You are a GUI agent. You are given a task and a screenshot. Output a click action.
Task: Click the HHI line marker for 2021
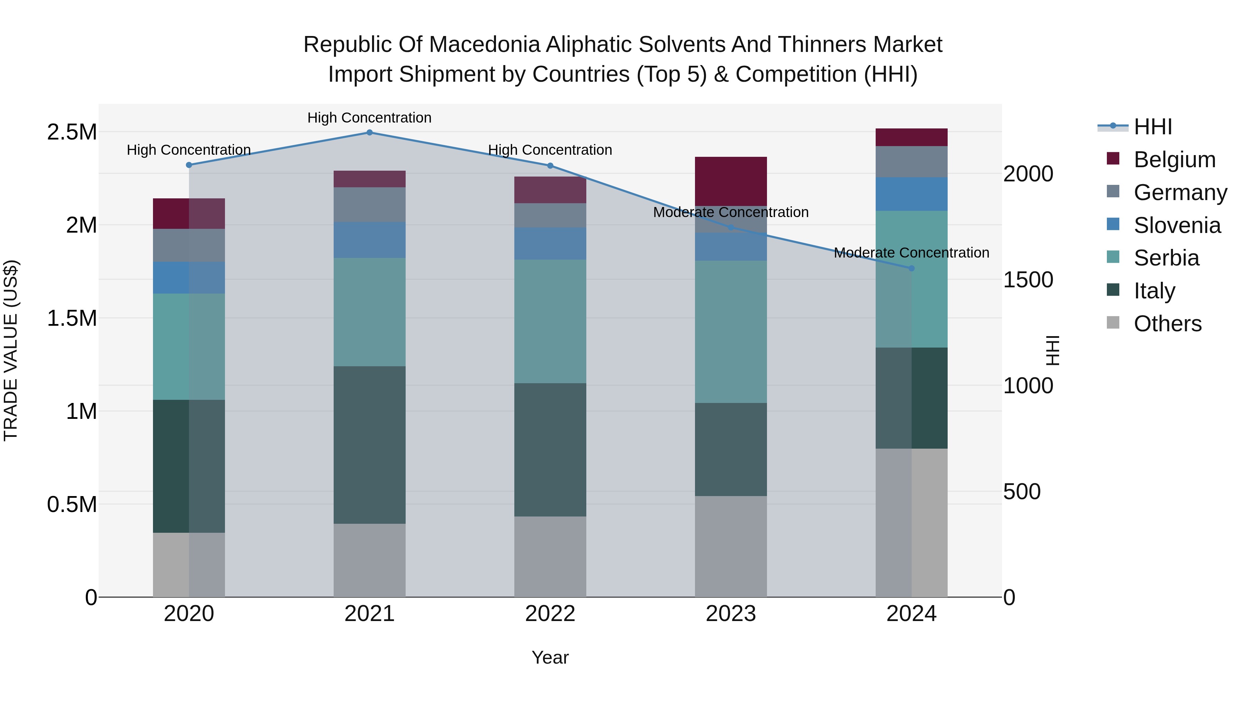click(370, 133)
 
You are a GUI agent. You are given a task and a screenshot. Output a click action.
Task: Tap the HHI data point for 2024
click(911, 269)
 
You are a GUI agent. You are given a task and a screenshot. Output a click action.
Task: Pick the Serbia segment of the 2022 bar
click(550, 321)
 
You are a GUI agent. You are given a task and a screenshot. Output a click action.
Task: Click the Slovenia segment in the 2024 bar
click(911, 194)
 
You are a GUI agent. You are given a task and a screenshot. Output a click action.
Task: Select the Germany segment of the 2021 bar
click(370, 205)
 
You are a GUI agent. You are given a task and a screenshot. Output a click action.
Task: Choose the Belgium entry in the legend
click(1174, 160)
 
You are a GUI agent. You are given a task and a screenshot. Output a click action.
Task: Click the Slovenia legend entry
click(1177, 225)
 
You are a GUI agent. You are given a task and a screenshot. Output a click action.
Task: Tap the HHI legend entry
click(1152, 127)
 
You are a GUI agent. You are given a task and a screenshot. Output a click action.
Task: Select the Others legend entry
click(1167, 324)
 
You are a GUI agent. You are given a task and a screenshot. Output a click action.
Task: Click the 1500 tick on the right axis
click(1028, 280)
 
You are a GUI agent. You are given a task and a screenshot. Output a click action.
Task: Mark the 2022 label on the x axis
click(550, 614)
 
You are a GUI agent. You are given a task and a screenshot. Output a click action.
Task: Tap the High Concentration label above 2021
click(370, 118)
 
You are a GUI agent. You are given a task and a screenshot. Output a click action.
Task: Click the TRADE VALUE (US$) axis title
click(11, 350)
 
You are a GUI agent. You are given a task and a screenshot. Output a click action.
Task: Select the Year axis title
click(550, 657)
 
